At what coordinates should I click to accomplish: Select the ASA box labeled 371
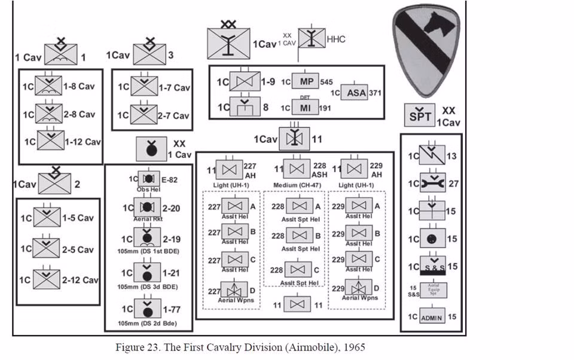(x=356, y=93)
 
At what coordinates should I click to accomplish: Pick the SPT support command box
(x=421, y=115)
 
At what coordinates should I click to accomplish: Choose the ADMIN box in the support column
(x=432, y=317)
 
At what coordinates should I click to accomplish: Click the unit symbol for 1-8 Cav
(x=48, y=86)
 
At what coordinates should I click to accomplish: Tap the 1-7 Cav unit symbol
(x=143, y=87)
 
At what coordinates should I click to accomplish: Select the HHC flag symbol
(x=312, y=39)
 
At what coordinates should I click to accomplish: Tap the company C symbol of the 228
(x=297, y=270)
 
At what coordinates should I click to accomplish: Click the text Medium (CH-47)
(x=297, y=184)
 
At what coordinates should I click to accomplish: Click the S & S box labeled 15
(x=432, y=266)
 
